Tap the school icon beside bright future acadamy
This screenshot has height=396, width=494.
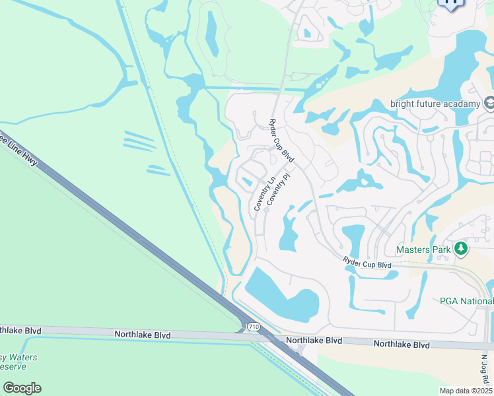(x=489, y=103)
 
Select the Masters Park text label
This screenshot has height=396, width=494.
(x=423, y=249)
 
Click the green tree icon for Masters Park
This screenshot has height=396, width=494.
(x=460, y=249)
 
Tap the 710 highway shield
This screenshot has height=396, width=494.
(x=252, y=327)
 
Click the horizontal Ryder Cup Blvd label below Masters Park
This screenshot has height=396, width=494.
(x=367, y=264)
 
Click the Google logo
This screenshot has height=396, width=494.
(x=22, y=387)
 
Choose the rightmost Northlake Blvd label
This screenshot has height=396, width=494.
(x=402, y=345)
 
